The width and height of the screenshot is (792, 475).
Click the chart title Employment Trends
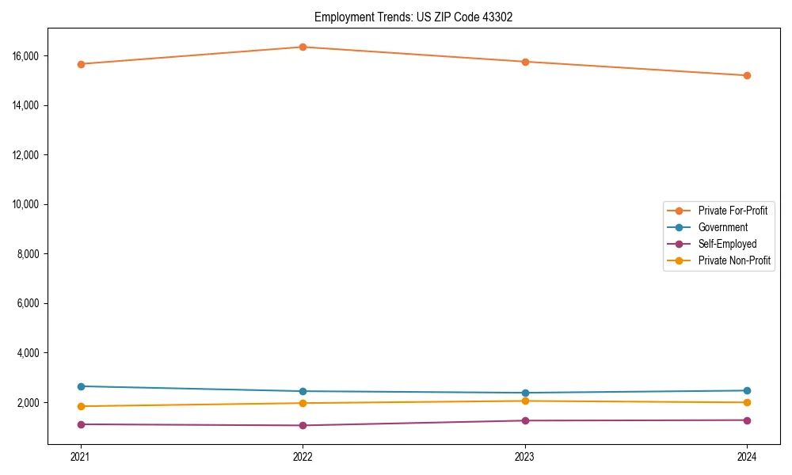(413, 17)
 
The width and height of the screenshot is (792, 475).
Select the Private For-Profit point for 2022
(302, 47)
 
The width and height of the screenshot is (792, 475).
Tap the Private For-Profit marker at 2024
(747, 75)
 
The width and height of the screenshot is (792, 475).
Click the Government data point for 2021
(80, 386)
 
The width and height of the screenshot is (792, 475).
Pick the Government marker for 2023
(524, 393)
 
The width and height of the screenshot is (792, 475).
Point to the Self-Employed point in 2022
(302, 425)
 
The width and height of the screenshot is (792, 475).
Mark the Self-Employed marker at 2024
(747, 420)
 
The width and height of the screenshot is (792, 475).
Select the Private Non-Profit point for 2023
(524, 401)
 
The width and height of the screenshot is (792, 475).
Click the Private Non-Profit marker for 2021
(80, 406)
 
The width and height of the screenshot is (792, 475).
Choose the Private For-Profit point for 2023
(524, 62)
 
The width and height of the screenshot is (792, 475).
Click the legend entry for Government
(722, 227)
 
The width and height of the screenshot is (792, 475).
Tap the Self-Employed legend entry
(727, 244)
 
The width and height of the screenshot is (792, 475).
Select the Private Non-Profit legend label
(734, 260)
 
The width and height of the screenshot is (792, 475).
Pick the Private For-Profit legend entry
(733, 211)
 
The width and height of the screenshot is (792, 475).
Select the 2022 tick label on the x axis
(302, 456)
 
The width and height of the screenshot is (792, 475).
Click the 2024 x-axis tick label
(747, 456)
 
